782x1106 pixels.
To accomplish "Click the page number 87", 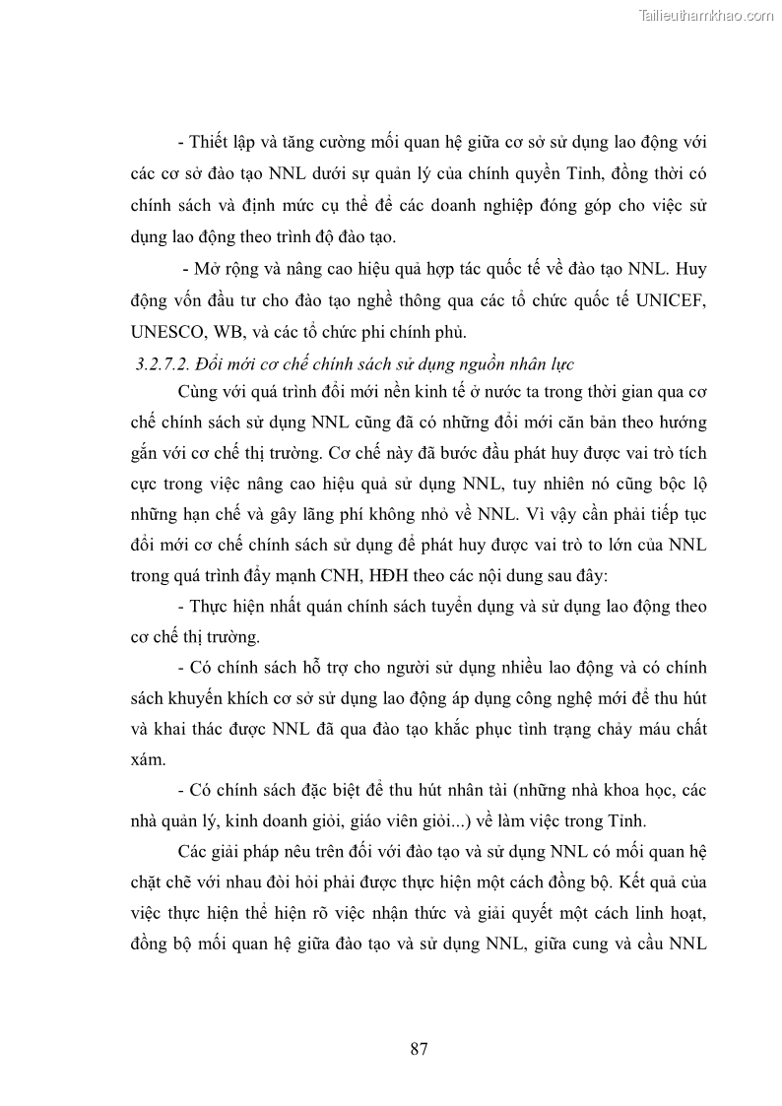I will point(419,1048).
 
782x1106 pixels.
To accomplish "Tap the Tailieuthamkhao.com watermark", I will point(706,16).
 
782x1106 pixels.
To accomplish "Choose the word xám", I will point(148,760).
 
